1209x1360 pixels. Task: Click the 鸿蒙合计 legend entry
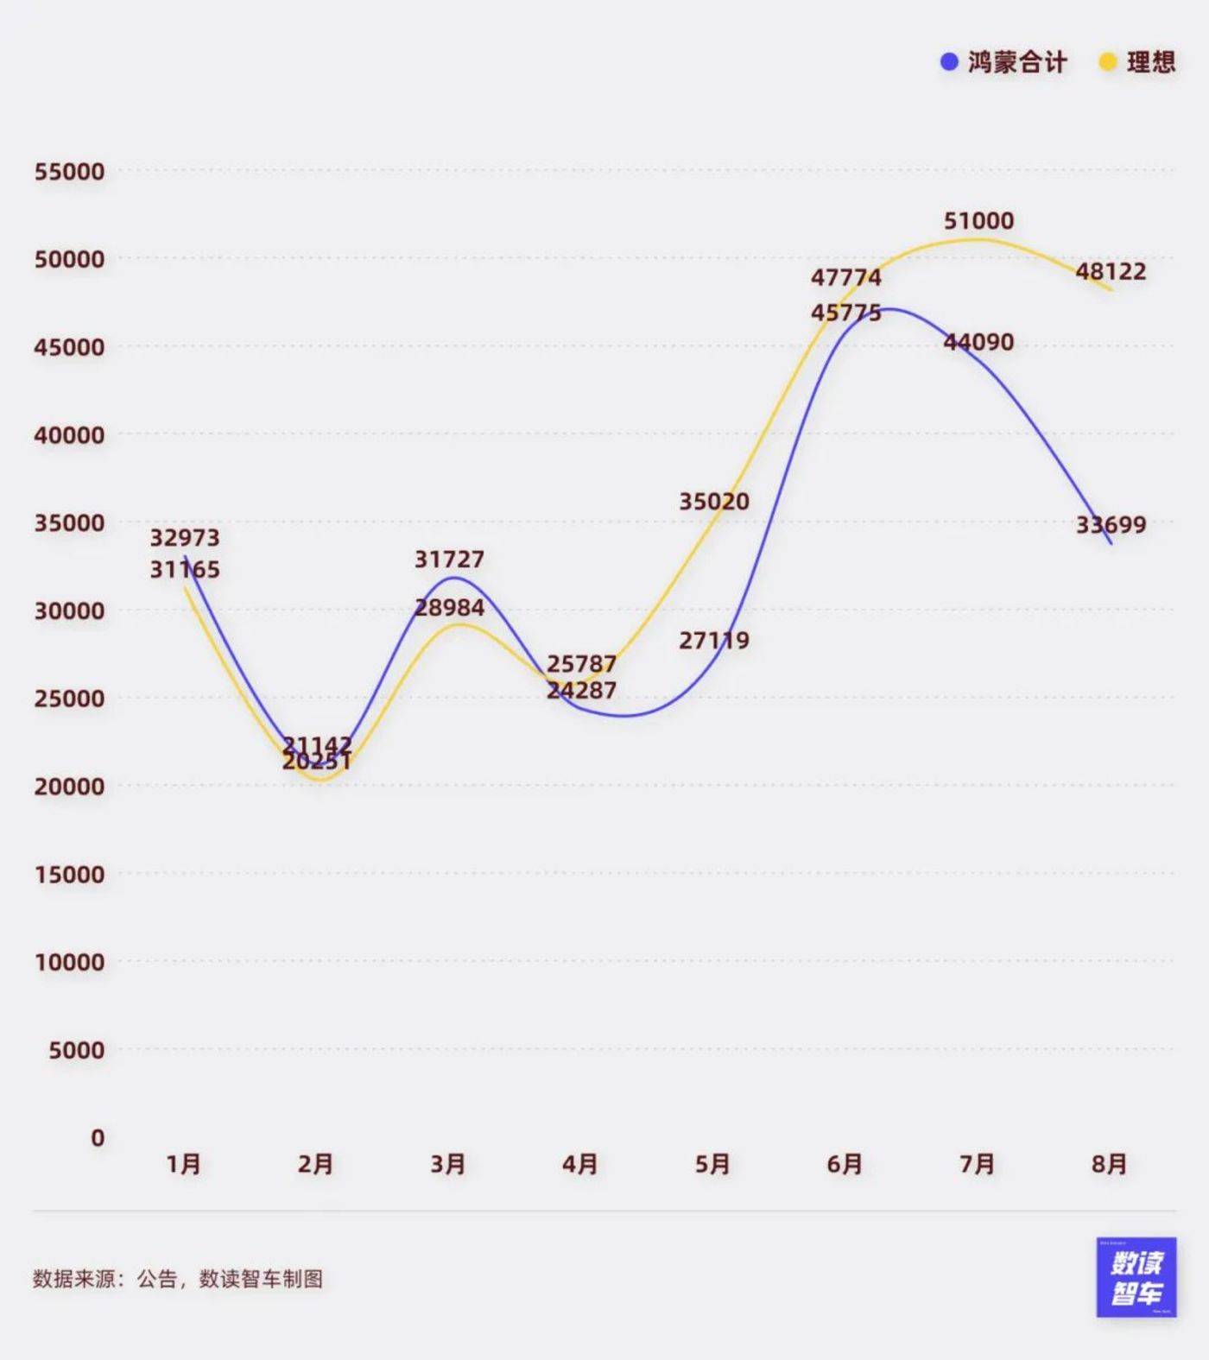pos(1004,62)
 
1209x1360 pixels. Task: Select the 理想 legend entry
pos(1137,62)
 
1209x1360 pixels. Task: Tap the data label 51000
pos(978,221)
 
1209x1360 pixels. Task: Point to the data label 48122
pos(1111,272)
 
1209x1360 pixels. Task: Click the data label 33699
pos(1111,525)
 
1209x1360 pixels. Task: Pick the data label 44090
pos(978,343)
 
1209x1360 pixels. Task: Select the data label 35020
pos(714,502)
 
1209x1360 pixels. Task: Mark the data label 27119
pos(714,641)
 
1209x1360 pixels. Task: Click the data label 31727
pos(449,560)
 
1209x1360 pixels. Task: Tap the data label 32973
pos(185,538)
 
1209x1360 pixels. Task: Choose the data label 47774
pos(846,278)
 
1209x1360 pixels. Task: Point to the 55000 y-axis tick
pos(69,172)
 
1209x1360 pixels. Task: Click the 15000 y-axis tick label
pos(69,875)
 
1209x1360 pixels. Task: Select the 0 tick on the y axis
pos(98,1138)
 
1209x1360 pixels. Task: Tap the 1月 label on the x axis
pos(184,1165)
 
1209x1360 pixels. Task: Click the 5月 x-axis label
pos(713,1165)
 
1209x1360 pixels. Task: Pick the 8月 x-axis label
pos(1110,1165)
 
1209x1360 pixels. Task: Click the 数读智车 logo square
pos(1136,1278)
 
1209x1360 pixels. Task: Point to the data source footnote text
pos(178,1279)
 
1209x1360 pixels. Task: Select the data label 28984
pos(449,608)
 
